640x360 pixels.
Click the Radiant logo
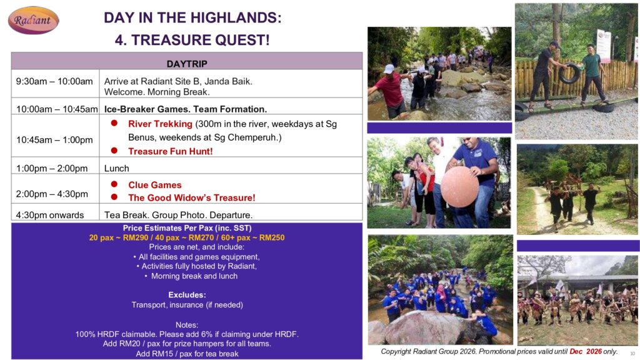(x=34, y=20)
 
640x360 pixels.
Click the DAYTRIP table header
(x=186, y=64)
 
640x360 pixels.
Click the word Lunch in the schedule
(x=117, y=168)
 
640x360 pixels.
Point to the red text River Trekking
(x=160, y=124)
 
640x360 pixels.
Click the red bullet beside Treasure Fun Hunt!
(x=114, y=151)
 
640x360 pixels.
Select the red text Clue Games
(x=155, y=185)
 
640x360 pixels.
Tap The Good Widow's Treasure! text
(x=191, y=197)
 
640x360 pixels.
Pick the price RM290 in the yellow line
(x=136, y=237)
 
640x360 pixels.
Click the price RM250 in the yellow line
(x=272, y=237)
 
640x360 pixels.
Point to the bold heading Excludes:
(x=187, y=295)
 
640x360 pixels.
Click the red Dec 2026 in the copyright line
(x=586, y=351)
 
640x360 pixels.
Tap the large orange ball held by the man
(x=460, y=186)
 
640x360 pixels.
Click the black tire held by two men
(x=570, y=74)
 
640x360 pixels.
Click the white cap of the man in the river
(x=389, y=69)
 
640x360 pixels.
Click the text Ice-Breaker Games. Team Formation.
(x=185, y=109)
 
